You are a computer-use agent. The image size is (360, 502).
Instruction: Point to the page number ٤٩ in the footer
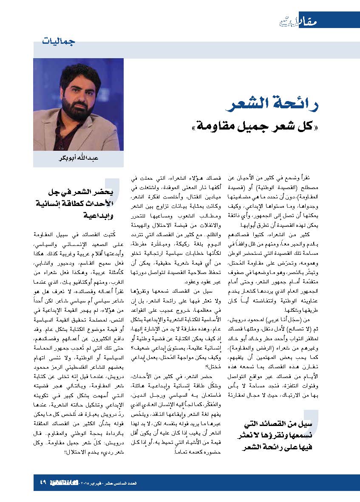(43, 483)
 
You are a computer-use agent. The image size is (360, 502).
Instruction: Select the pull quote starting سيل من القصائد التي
(276, 435)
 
